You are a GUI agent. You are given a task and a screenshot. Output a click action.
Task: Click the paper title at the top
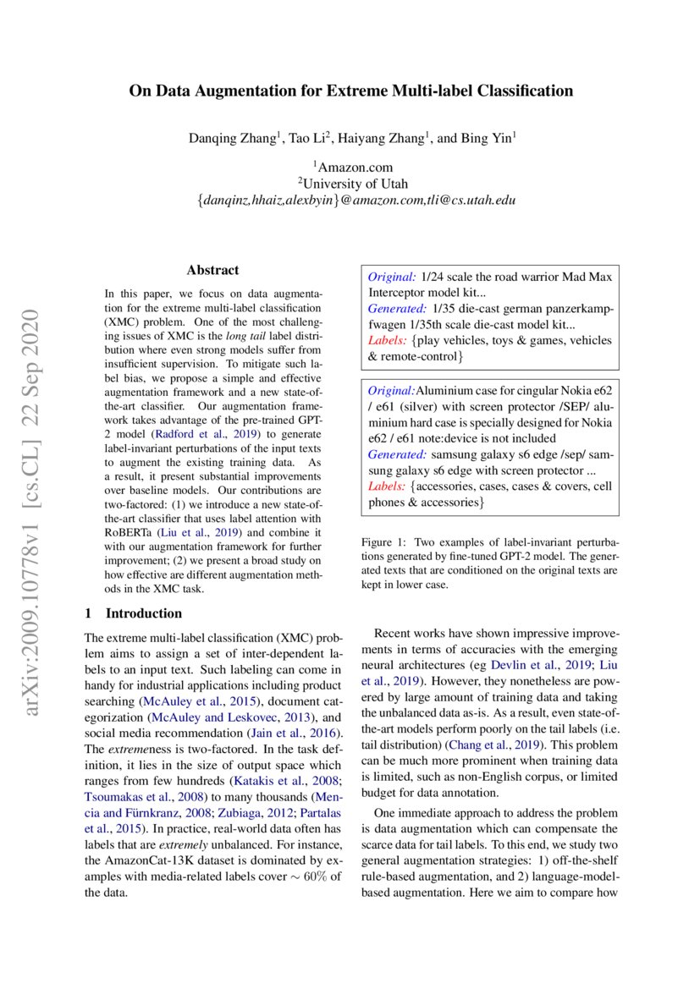[x=350, y=91]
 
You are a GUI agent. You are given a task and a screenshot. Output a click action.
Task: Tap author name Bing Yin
[x=487, y=137]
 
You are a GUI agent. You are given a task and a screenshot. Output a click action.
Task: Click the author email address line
[x=350, y=201]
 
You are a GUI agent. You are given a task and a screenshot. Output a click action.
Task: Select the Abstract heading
[x=212, y=271]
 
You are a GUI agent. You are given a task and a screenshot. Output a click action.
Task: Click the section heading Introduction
[x=142, y=613]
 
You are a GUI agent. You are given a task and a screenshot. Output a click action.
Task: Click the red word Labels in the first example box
[x=385, y=341]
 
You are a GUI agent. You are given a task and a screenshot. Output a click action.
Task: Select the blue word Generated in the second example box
[x=395, y=454]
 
